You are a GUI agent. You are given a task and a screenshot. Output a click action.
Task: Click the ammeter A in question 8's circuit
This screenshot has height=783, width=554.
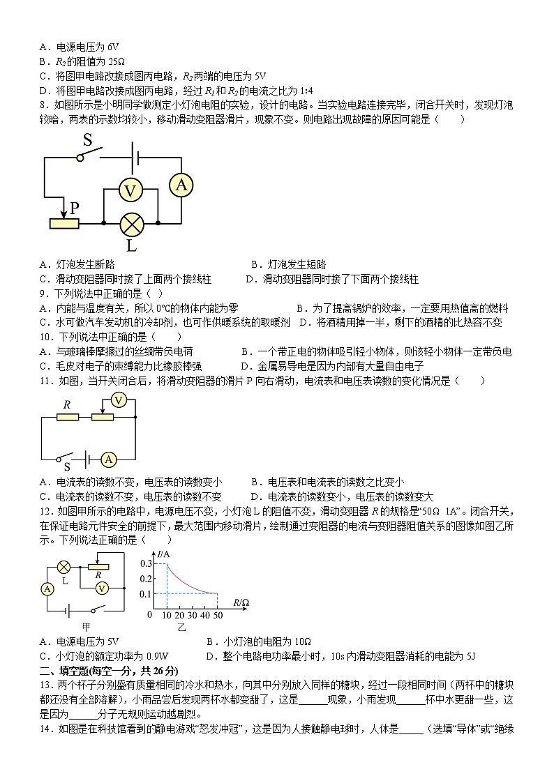click(181, 184)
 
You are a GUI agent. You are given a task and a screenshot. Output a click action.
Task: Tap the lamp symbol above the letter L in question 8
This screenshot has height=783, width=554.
click(130, 224)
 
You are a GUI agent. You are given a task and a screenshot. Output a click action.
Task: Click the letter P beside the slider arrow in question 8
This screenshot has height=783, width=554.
click(74, 208)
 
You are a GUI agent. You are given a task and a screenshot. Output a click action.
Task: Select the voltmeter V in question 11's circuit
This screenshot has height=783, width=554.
click(119, 400)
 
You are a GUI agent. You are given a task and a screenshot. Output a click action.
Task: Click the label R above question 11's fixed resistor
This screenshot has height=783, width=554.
click(67, 404)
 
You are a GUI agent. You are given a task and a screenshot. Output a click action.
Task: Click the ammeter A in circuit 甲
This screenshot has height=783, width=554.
click(47, 589)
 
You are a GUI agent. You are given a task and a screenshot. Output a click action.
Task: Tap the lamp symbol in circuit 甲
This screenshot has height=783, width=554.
click(63, 566)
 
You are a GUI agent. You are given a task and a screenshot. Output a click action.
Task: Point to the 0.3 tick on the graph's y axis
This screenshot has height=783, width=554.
click(146, 563)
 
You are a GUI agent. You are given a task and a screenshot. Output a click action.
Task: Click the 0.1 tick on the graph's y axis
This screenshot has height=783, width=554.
click(146, 594)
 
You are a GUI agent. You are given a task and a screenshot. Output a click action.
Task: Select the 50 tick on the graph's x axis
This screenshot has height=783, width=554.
click(218, 616)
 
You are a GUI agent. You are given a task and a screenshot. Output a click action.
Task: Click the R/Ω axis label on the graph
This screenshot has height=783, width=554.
click(241, 602)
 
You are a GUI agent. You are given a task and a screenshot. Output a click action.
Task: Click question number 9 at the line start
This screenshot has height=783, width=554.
click(43, 294)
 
